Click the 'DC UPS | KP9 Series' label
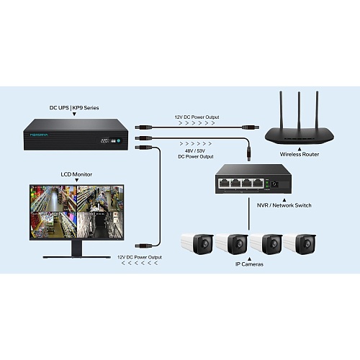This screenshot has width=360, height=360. point(74,108)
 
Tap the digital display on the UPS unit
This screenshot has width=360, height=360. point(106,140)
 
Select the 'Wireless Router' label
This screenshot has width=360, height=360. point(300,154)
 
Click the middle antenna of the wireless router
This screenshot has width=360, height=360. point(299,111)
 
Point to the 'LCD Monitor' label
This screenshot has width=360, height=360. point(76,174)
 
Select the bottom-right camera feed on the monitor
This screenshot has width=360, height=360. point(100,225)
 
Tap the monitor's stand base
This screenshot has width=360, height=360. point(77,257)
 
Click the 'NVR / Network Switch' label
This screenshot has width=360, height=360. point(284,205)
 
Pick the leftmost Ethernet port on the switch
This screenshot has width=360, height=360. point(223,184)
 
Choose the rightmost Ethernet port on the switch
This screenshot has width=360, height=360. point(258,184)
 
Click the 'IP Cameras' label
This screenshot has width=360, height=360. point(249,264)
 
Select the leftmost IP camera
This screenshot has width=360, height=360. point(197,244)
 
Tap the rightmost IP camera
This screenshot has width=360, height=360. point(300,244)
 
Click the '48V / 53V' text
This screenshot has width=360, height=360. point(195,151)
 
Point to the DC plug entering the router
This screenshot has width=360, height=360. point(251,127)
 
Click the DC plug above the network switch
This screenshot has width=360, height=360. point(249,153)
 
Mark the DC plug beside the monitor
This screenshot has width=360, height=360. point(143,246)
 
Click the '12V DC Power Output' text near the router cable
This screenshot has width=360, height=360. point(197,117)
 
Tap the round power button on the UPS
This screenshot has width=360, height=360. point(119,140)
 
